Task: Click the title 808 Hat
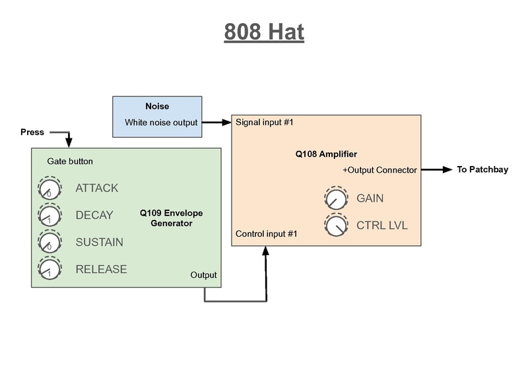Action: tap(264, 32)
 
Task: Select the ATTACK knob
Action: tap(49, 189)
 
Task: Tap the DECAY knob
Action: tap(49, 215)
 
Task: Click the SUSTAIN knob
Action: tap(49, 243)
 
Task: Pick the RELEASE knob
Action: tap(49, 270)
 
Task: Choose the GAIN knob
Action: tap(335, 198)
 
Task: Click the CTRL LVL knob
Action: tap(335, 225)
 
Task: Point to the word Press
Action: tap(32, 132)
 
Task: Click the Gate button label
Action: tap(70, 161)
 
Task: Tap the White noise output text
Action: tap(161, 123)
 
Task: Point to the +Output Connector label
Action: tap(379, 170)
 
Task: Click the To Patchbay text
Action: tap(482, 170)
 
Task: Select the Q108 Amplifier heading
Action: tap(326, 154)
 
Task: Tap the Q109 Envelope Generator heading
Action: tap(171, 218)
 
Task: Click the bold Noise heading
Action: tap(157, 106)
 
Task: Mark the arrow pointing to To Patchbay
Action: tap(437, 170)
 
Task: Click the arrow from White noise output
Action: tap(216, 123)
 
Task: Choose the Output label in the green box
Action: tap(203, 275)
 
